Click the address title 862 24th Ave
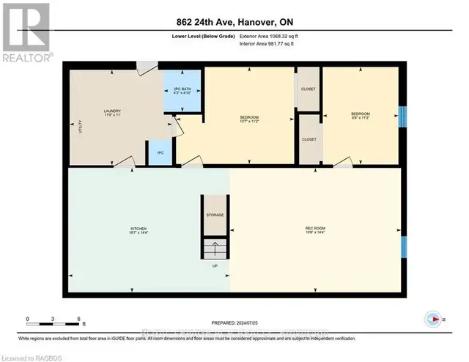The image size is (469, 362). [234, 21]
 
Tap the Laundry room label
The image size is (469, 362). [111, 112]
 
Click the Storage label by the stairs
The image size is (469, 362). [215, 215]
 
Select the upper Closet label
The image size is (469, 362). [309, 88]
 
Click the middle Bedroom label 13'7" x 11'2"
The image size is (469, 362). [249, 119]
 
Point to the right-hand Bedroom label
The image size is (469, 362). [360, 115]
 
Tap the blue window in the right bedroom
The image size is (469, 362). [402, 115]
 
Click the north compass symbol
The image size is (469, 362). [432, 319]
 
